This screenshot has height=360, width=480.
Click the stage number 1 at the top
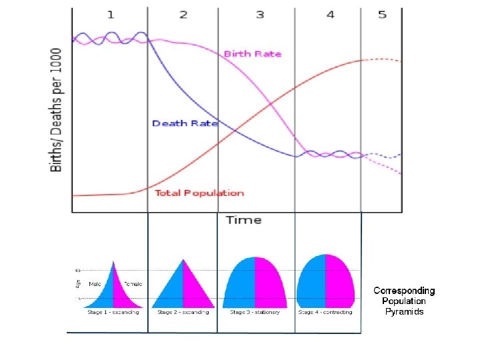click(x=110, y=14)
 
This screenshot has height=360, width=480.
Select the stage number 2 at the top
click(x=183, y=14)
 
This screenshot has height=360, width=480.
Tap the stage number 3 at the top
click(x=260, y=14)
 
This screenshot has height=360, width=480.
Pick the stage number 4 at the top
click(x=330, y=14)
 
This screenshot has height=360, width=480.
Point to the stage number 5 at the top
click(x=382, y=14)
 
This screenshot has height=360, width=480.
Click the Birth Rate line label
click(x=253, y=54)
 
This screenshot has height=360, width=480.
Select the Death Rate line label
click(x=185, y=123)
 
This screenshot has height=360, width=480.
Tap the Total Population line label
click(x=199, y=193)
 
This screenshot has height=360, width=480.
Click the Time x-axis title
click(x=243, y=220)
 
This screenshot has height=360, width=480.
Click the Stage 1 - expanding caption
click(x=113, y=312)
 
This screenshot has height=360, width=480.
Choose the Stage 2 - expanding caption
click(x=183, y=312)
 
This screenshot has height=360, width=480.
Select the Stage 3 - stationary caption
click(x=255, y=312)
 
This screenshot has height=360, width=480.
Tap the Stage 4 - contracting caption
click(x=325, y=312)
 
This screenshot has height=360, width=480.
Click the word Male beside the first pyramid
click(x=95, y=284)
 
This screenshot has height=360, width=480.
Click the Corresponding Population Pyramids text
click(x=404, y=301)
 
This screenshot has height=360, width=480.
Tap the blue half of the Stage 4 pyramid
click(x=311, y=283)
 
